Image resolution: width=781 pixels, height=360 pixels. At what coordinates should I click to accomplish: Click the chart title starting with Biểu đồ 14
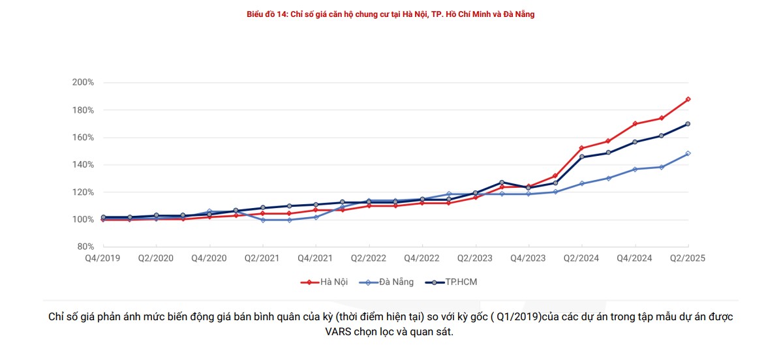pyautogui.click(x=390, y=14)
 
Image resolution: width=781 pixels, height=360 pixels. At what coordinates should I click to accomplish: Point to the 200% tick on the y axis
pyautogui.click(x=83, y=83)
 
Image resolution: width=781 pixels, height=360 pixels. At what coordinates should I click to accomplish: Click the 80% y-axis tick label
pyautogui.click(x=85, y=247)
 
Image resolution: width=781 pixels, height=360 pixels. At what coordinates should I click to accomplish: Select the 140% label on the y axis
pyautogui.click(x=83, y=165)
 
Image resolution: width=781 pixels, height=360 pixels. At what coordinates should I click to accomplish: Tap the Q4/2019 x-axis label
pyautogui.click(x=102, y=258)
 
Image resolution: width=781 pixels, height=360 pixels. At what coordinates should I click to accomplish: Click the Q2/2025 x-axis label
pyautogui.click(x=688, y=258)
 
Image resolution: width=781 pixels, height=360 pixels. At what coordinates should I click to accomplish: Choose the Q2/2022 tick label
pyautogui.click(x=369, y=258)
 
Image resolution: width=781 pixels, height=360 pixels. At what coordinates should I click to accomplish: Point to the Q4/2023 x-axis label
pyautogui.click(x=528, y=258)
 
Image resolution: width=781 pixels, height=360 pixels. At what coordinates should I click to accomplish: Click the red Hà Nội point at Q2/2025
pyautogui.click(x=688, y=99)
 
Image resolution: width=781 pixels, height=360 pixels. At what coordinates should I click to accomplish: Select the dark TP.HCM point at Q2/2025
pyautogui.click(x=688, y=124)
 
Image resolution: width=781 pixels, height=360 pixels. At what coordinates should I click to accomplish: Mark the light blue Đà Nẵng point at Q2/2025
pyautogui.click(x=688, y=154)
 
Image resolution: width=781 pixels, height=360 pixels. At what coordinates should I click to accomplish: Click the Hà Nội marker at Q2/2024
pyautogui.click(x=581, y=148)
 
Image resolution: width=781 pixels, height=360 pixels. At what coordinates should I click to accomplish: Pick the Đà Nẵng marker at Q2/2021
pyautogui.click(x=262, y=220)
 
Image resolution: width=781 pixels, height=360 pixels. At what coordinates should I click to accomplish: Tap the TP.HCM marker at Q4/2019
pyautogui.click(x=103, y=217)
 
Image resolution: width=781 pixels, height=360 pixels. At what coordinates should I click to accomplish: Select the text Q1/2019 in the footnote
pyautogui.click(x=516, y=317)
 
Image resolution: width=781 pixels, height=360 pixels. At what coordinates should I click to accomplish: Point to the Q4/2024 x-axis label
pyautogui.click(x=634, y=258)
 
